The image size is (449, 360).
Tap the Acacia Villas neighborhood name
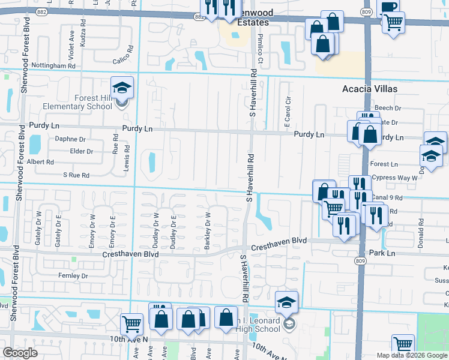(370, 89)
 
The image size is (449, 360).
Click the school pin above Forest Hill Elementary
(122, 89)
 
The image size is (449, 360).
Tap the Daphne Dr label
(70, 139)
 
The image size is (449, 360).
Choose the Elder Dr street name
(81, 151)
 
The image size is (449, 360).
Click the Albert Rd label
(40, 162)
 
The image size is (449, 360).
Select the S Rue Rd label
(76, 175)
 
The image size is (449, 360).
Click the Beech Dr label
(387, 108)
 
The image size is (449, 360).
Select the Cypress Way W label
(394, 178)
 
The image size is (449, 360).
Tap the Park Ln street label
(382, 253)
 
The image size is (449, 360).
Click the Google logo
(20, 353)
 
